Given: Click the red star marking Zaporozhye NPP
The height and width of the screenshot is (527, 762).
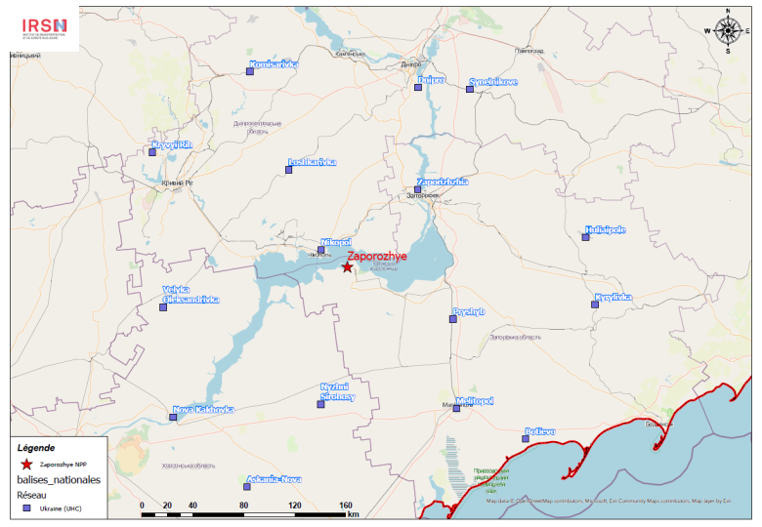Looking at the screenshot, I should (347, 266).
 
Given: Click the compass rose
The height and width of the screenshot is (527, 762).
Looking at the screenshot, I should (728, 30).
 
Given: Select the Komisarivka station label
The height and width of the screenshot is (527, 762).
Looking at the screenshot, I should (275, 64).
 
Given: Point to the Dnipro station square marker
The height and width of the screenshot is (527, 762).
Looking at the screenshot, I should (418, 88).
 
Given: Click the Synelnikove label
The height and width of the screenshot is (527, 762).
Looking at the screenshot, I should (493, 82).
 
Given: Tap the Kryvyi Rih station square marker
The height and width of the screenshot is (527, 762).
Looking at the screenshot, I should (152, 151).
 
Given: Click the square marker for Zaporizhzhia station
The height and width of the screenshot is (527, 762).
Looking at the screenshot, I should (417, 190).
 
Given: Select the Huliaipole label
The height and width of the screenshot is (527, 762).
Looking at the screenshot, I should (605, 230).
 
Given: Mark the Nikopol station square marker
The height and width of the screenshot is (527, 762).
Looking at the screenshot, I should (321, 250).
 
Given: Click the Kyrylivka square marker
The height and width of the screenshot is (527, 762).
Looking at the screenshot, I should (594, 304).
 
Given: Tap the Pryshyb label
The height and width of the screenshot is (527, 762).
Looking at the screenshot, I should (468, 312).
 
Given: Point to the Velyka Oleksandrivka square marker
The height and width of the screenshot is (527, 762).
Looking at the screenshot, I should (163, 307).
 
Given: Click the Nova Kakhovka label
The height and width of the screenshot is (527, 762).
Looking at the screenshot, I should (203, 410).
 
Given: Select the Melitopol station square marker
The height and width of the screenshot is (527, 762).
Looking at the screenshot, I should (456, 408).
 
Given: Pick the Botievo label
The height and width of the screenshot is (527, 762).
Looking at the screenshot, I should (540, 431).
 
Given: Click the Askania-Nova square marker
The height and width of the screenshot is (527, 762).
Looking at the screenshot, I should (246, 486).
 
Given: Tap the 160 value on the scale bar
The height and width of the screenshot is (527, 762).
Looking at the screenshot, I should (345, 506).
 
